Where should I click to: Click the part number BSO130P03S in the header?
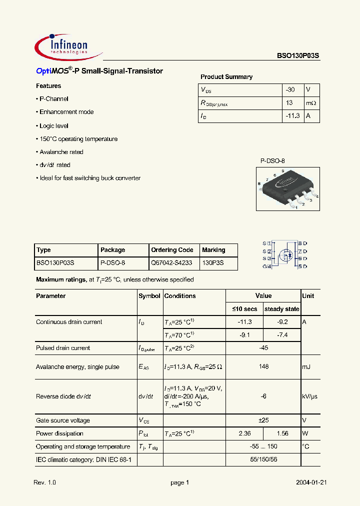pos(298,56)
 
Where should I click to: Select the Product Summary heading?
pos(226,77)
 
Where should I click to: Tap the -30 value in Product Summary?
pos(290,90)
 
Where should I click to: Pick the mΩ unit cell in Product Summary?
pos(311,103)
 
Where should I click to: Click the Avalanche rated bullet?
pos(60,152)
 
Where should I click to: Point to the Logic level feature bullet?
pos(52,126)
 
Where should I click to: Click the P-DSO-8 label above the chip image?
pos(272,161)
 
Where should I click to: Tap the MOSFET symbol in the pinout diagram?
pos(284,254)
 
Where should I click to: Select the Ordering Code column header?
pos(172,250)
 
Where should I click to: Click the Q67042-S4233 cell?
pos(171,262)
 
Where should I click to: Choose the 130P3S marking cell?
pos(213,262)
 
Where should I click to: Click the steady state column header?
pos(281,309)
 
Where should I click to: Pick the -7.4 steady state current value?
pos(282,335)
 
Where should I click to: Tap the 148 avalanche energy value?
pos(263,366)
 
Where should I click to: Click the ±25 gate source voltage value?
pos(263,420)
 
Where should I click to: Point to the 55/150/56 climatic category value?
pos(263,459)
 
